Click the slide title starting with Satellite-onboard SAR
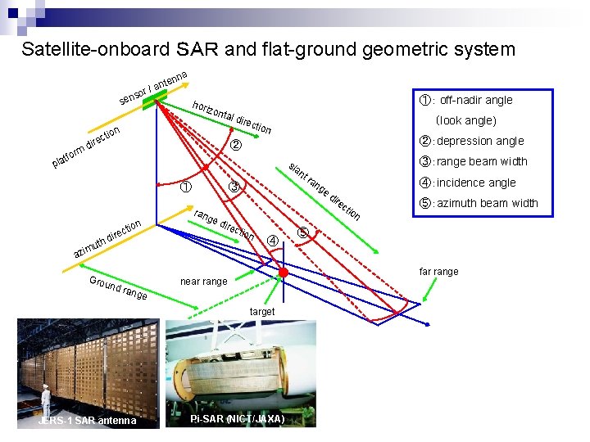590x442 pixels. coord(269,49)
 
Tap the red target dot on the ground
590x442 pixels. coord(283,272)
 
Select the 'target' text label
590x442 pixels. coord(263,312)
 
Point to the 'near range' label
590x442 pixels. coord(203,282)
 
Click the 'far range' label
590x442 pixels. coord(438,272)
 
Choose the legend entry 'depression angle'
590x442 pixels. coord(472,141)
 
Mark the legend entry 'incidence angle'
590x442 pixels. coord(467,183)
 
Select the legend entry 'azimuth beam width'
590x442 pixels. coord(478,203)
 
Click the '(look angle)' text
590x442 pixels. coord(466,120)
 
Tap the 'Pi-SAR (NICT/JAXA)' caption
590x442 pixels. coord(237,419)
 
